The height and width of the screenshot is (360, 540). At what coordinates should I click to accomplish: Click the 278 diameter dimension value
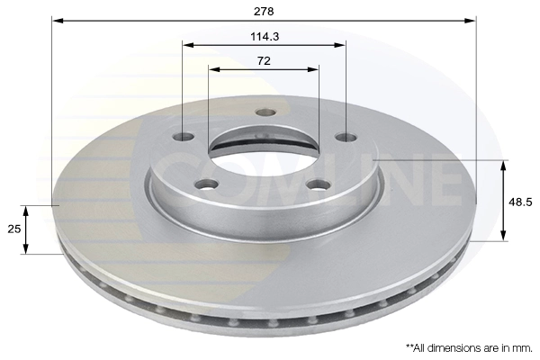pyautogui.click(x=263, y=11)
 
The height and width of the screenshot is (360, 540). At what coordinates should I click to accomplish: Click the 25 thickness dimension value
pyautogui.click(x=14, y=229)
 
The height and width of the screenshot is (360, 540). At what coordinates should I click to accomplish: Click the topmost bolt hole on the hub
pyautogui.click(x=265, y=112)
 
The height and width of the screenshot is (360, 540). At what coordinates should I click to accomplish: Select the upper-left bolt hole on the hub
pyautogui.click(x=184, y=137)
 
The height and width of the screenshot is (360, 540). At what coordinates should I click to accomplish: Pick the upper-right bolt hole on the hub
pyautogui.click(x=346, y=137)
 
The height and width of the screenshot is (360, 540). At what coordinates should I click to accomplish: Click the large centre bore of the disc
pyautogui.click(x=263, y=149)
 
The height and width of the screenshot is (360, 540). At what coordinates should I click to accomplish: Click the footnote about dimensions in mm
pyautogui.click(x=468, y=346)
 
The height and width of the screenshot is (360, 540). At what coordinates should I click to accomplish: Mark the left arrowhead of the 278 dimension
pyautogui.click(x=57, y=20)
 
